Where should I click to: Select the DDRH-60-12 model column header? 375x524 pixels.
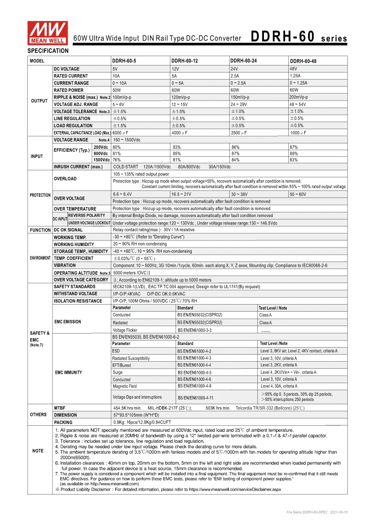tap(185, 61)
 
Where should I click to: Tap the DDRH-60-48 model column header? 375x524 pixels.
tap(303, 61)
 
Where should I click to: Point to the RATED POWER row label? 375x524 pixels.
tap(69, 90)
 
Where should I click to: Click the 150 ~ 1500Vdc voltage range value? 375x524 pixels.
tap(127, 140)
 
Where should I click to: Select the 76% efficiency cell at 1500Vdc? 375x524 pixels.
tap(117, 160)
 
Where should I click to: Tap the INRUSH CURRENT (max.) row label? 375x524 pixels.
tap(78, 167)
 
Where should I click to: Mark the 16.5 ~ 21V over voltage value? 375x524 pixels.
tap(181, 194)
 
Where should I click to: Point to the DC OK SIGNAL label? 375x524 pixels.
tap(68, 230)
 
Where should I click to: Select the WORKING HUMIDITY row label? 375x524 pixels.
tap(74, 244)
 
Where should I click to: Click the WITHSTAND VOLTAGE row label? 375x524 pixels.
tap(75, 294)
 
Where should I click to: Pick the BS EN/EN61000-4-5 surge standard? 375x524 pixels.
tap(194, 372)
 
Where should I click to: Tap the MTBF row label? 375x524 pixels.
tap(60, 408)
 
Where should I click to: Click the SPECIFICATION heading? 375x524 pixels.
tap(48, 51)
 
